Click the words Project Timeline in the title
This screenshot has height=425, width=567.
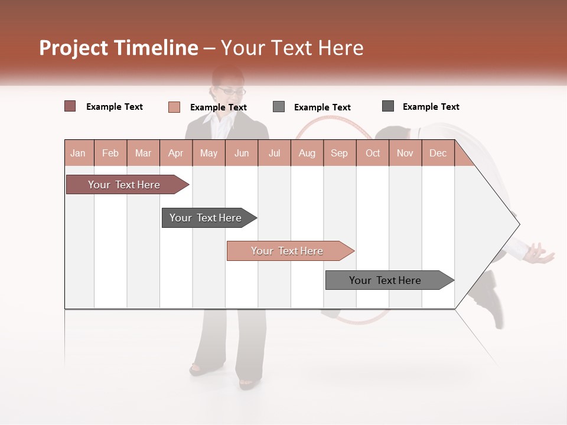(118, 48)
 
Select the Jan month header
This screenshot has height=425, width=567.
(78, 153)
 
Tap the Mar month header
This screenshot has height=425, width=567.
(143, 153)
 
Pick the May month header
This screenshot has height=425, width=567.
(208, 153)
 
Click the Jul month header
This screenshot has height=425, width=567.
(274, 153)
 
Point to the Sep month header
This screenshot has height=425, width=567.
(339, 153)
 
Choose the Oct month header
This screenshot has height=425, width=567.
(373, 153)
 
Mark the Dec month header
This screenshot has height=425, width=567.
(438, 153)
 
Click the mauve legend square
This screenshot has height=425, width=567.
(70, 106)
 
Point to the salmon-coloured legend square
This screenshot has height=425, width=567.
(174, 107)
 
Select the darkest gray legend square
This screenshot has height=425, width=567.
(388, 106)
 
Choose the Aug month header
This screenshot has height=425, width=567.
(307, 153)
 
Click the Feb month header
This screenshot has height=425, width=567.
(110, 153)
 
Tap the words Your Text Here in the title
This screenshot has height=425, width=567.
(292, 48)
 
